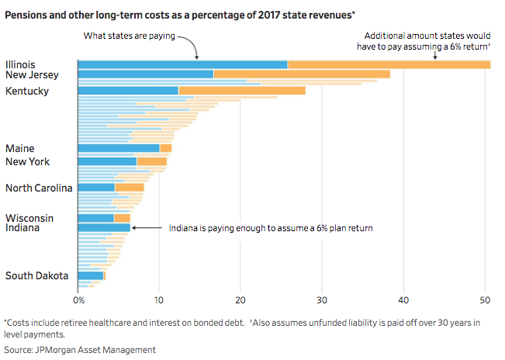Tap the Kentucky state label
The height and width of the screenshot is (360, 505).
pyautogui.click(x=27, y=91)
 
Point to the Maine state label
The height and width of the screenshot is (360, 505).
pyautogui.click(x=19, y=148)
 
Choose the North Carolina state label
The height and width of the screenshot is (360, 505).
pyautogui.click(x=39, y=188)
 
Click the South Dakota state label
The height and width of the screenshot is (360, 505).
pyautogui.click(x=36, y=275)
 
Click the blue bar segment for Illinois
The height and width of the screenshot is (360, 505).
pyautogui.click(x=182, y=64)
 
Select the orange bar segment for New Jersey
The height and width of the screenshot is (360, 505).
pyautogui.click(x=302, y=74)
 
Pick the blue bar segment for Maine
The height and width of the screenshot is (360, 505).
pyautogui.click(x=119, y=148)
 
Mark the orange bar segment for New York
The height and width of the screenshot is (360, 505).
pyautogui.click(x=151, y=161)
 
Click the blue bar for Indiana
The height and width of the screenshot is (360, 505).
pyautogui.click(x=104, y=228)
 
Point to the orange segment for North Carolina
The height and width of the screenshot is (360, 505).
pyautogui.click(x=129, y=188)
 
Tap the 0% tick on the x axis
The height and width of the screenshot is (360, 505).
pyautogui.click(x=79, y=299)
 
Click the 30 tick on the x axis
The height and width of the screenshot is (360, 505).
pyautogui.click(x=322, y=299)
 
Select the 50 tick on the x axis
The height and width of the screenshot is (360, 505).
pyautogui.click(x=485, y=299)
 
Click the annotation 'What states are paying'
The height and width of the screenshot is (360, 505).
pyautogui.click(x=130, y=35)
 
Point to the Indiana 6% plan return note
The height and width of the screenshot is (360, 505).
pyautogui.click(x=272, y=228)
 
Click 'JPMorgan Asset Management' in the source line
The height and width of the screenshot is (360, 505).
pyautogui.click(x=95, y=350)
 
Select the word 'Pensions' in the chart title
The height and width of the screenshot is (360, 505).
pyautogui.click(x=26, y=13)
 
